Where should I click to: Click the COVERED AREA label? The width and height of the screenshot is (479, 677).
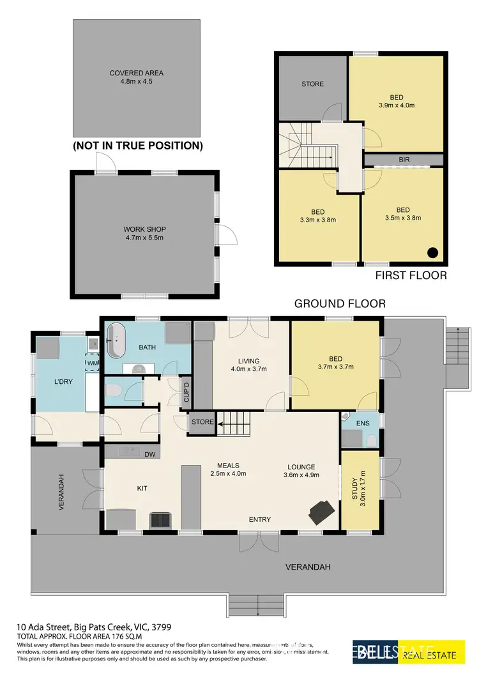(x=137, y=73)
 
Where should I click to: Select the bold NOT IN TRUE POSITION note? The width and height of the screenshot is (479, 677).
(x=138, y=146)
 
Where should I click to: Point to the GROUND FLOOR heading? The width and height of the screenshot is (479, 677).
(x=340, y=304)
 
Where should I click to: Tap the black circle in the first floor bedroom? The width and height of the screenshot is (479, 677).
(x=432, y=252)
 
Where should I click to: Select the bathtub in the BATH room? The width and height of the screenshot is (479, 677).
(x=116, y=341)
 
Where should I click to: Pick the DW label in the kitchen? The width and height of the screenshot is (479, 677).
(x=149, y=454)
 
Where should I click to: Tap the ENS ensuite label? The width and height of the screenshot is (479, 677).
(x=362, y=423)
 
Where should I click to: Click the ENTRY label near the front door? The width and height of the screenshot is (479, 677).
(x=259, y=520)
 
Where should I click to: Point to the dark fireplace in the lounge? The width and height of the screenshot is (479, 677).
(x=321, y=510)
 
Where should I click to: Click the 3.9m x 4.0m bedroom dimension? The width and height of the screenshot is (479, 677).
(x=396, y=105)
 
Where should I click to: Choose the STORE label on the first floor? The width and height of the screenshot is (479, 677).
(x=312, y=84)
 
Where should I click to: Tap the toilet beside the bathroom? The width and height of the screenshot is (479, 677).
(x=112, y=391)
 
